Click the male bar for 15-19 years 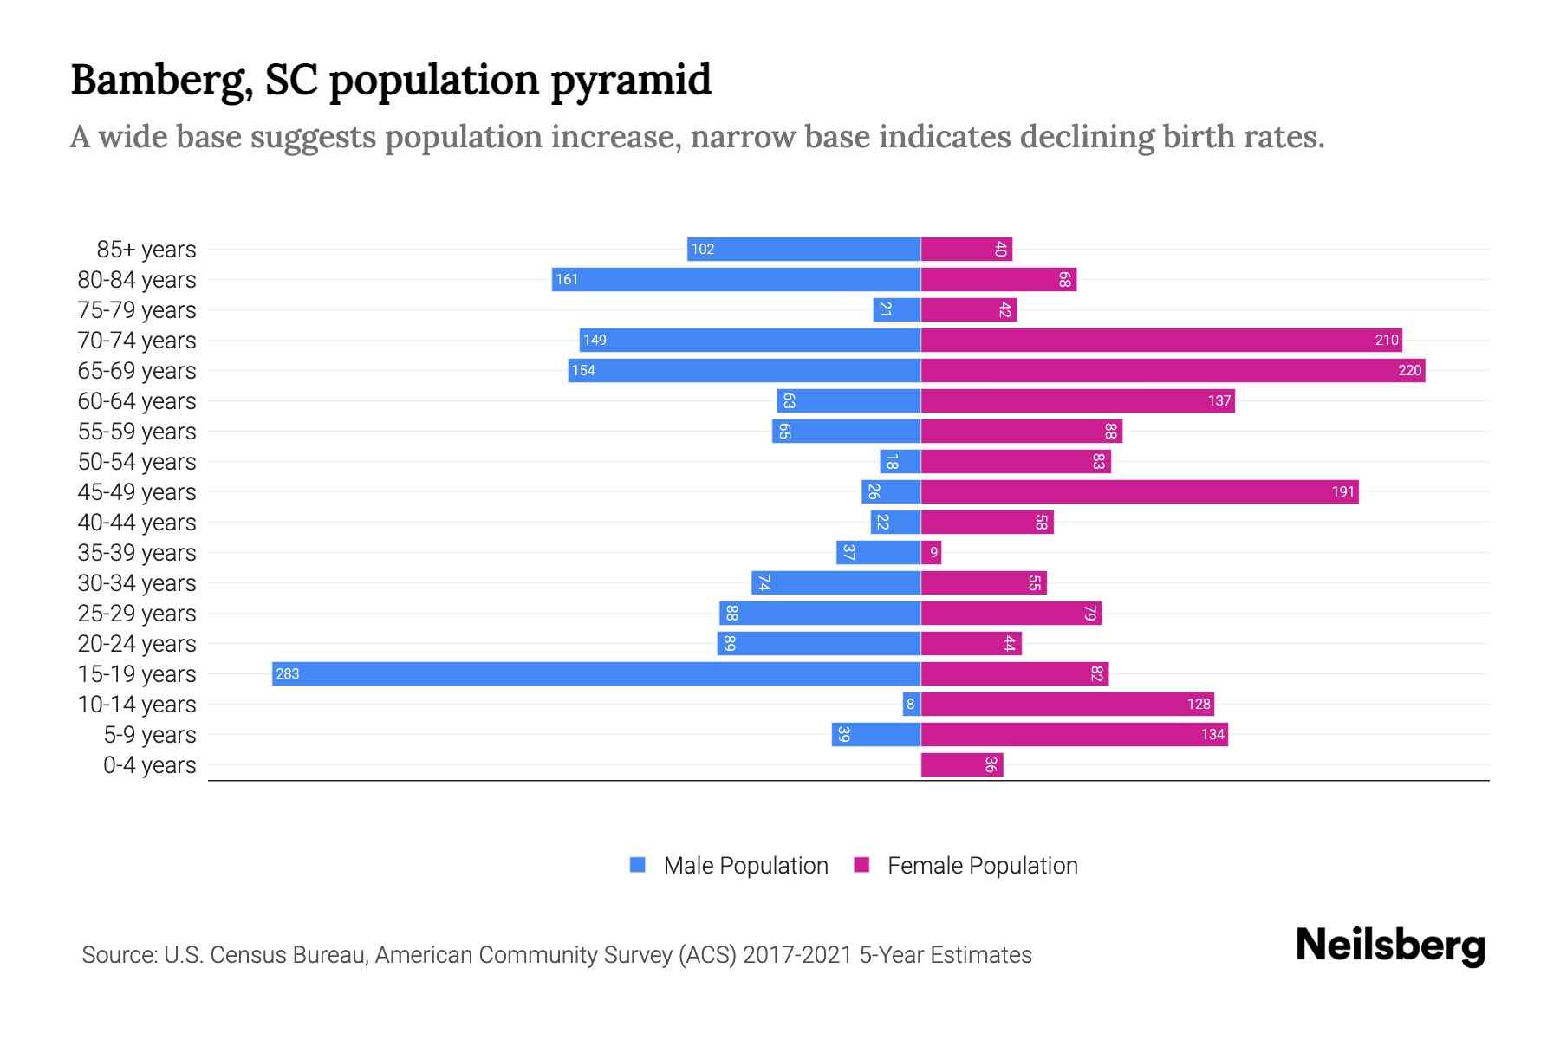pos(596,674)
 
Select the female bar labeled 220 pos(1173,371)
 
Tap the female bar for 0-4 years pos(962,765)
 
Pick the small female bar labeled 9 pos(931,553)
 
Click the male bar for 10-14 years pos(911,705)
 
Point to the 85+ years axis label pos(146,250)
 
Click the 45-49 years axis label pos(137,492)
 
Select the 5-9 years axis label pos(149,735)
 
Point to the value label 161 pos(567,280)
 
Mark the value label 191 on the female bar pos(1342,492)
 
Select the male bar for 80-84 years pos(736,280)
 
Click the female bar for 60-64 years pos(1077,401)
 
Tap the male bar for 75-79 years pos(897,310)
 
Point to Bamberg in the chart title pos(162,80)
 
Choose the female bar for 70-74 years pos(1161,341)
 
